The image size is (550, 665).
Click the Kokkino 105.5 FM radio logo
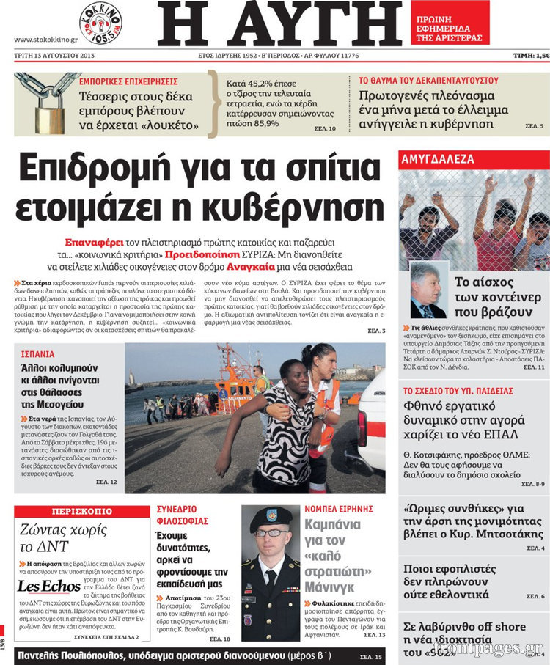pyautogui.click(x=100, y=23)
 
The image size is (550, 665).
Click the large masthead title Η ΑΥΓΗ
pyautogui.click(x=279, y=25)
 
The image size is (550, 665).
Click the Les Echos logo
pyautogui.click(x=48, y=587)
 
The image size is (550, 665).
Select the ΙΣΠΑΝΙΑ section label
pyautogui.click(x=37, y=353)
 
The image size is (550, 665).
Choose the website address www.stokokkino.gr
pyautogui.click(x=46, y=38)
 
